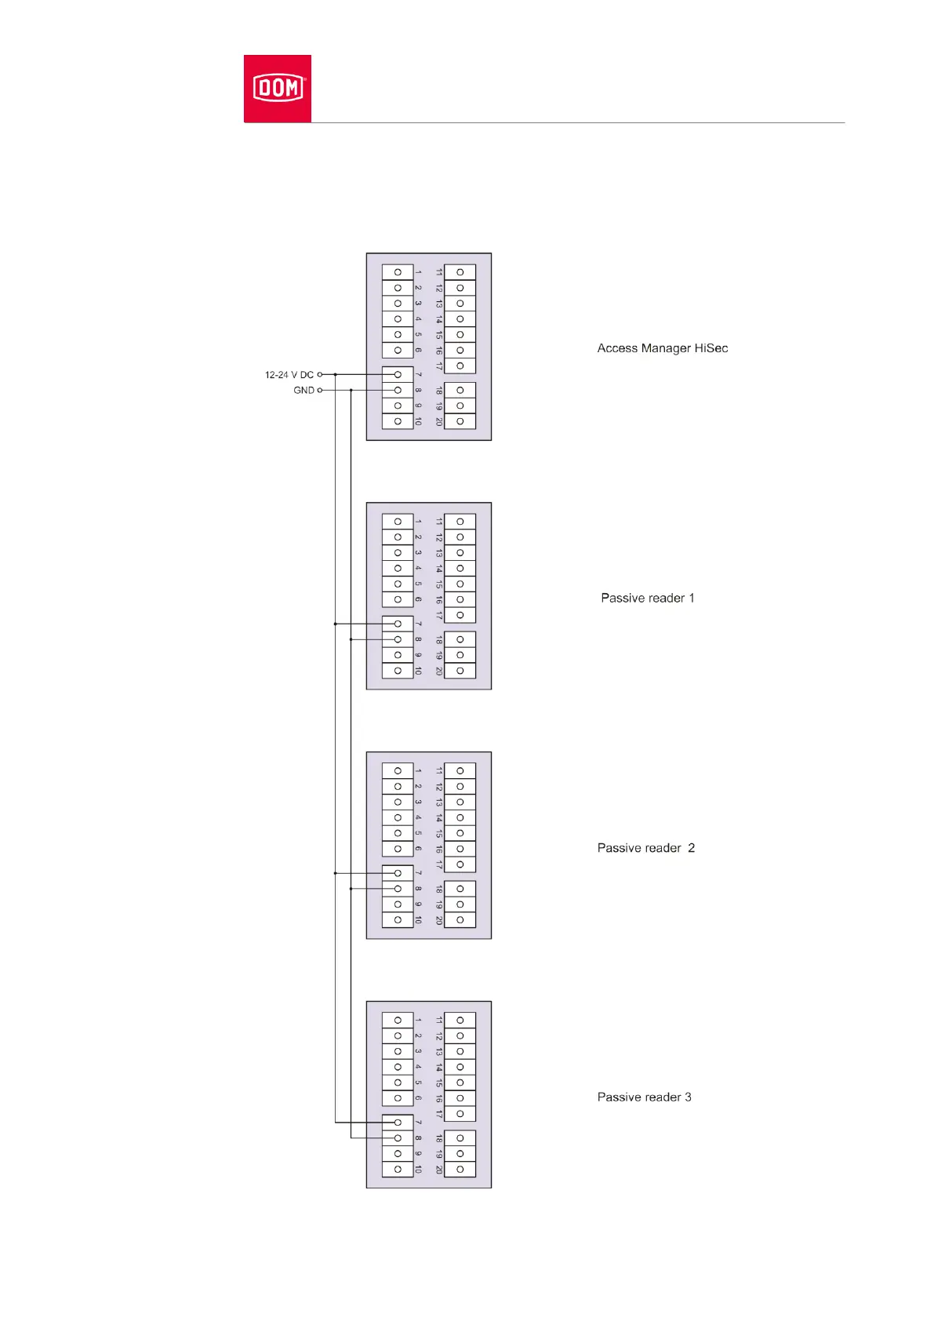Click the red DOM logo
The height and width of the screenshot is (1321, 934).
coord(278,88)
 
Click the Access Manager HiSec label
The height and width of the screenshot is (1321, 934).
coord(663,348)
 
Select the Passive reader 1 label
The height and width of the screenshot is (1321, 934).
coord(648,598)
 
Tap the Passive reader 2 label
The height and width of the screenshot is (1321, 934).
coord(646,848)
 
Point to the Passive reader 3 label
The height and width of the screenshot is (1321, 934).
coord(645,1097)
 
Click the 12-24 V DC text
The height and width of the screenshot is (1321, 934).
coord(289,375)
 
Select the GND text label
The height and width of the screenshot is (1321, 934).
coord(303,391)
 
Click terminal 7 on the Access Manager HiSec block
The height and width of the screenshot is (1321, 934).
coord(398,375)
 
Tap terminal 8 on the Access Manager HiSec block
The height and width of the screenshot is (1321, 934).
coord(398,391)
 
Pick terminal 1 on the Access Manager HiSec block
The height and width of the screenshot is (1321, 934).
coord(398,272)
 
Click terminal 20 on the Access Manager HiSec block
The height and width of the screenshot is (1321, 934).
coord(460,422)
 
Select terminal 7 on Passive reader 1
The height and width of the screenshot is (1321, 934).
coord(398,624)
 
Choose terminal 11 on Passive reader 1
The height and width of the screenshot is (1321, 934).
coord(460,522)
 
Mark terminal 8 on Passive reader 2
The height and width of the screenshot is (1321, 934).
coord(398,889)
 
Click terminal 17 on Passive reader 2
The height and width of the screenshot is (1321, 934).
coord(460,864)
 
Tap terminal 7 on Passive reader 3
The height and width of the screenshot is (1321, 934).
coord(398,1123)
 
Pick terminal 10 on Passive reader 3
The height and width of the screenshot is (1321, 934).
coord(398,1170)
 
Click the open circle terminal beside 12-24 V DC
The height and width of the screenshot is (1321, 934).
coord(320,375)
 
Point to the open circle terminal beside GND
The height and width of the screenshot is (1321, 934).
coord(320,391)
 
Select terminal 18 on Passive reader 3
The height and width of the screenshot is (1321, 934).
coord(460,1138)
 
